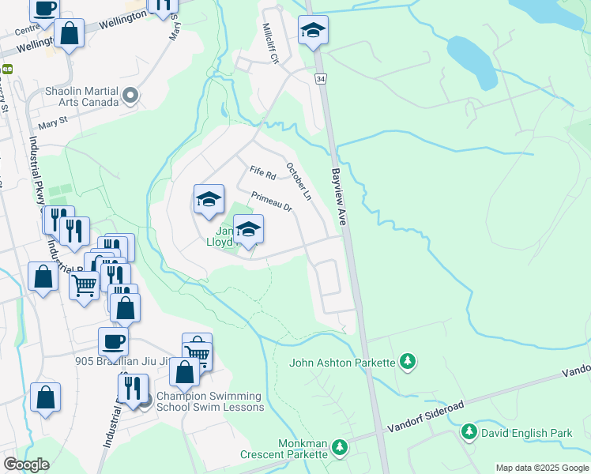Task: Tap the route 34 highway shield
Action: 320,79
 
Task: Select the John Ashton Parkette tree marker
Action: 408,362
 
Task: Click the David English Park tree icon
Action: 469,432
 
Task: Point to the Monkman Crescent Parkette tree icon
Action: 340,448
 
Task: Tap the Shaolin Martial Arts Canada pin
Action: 131,96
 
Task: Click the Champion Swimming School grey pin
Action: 144,401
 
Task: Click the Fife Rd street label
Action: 262,171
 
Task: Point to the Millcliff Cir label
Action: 271,43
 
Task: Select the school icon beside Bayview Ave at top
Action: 313,32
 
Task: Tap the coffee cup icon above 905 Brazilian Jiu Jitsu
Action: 113,341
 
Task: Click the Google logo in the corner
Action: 26,465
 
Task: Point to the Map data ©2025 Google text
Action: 542,468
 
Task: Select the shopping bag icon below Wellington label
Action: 70,34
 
